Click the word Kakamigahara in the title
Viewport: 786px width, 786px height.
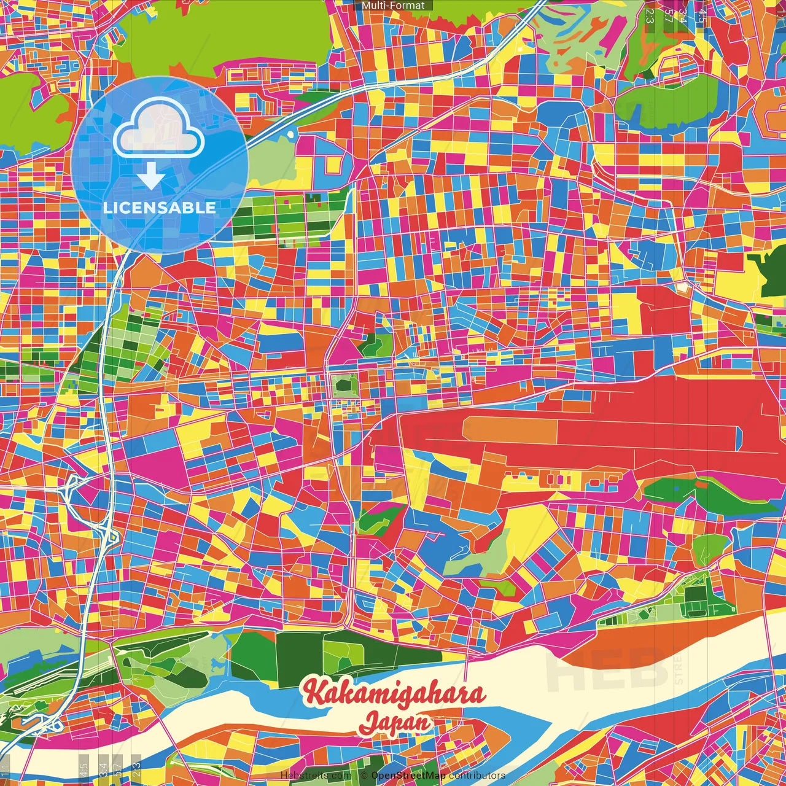[394, 692]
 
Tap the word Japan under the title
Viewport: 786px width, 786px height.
[395, 722]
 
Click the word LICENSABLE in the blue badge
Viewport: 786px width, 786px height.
[159, 208]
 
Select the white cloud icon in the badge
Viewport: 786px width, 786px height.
[158, 128]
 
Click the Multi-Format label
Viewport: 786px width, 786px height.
[393, 6]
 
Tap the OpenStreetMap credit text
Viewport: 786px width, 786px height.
[408, 776]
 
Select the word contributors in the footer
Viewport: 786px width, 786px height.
[477, 776]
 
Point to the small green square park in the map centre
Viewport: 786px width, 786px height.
[344, 386]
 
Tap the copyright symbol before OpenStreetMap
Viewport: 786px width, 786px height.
[364, 776]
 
